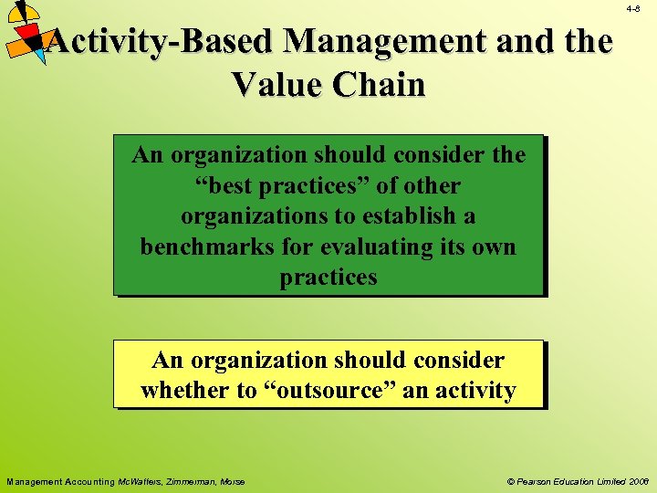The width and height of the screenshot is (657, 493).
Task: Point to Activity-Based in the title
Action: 161,41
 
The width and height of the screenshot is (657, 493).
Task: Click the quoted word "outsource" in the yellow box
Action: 318,390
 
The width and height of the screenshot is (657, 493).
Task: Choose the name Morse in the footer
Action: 232,481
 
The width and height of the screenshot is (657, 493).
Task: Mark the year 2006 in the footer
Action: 636,481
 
